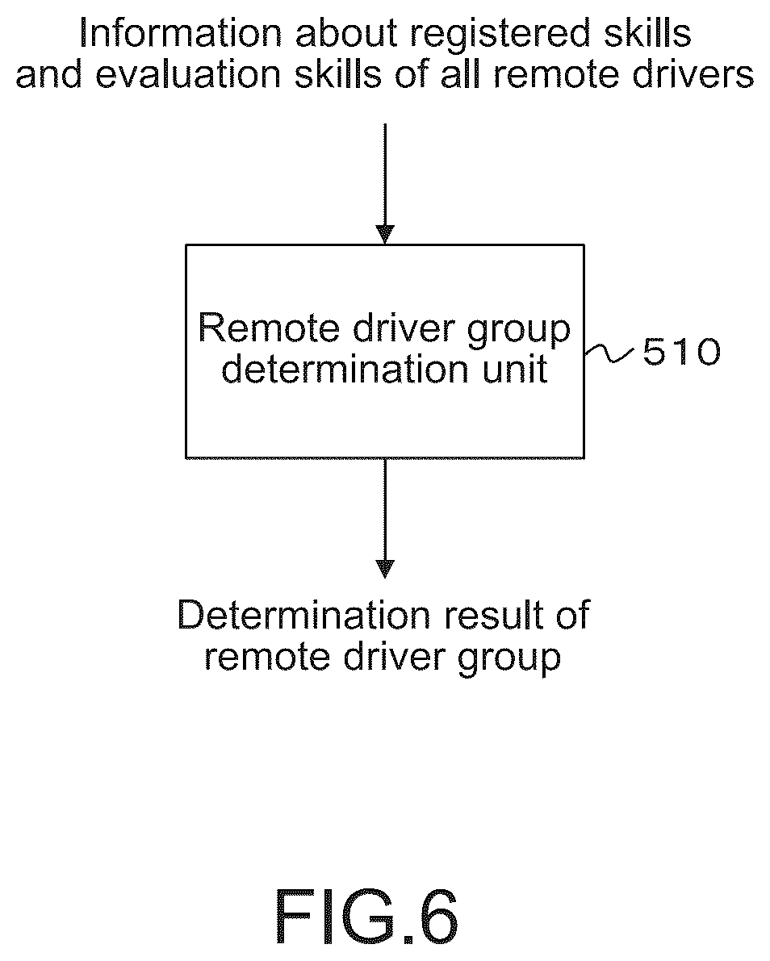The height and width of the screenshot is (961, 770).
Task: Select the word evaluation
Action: [x=190, y=75]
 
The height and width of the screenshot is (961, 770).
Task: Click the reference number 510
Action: [x=682, y=353]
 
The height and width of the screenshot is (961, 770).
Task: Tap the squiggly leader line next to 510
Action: [x=609, y=353]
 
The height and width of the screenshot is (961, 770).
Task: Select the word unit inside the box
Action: [x=514, y=369]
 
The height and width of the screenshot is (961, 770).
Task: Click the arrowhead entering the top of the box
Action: [x=385, y=234]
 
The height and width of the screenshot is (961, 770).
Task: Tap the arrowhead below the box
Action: [x=385, y=570]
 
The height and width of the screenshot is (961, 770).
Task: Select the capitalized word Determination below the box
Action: [x=304, y=615]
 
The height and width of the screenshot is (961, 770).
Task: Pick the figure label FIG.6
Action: [x=366, y=917]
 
